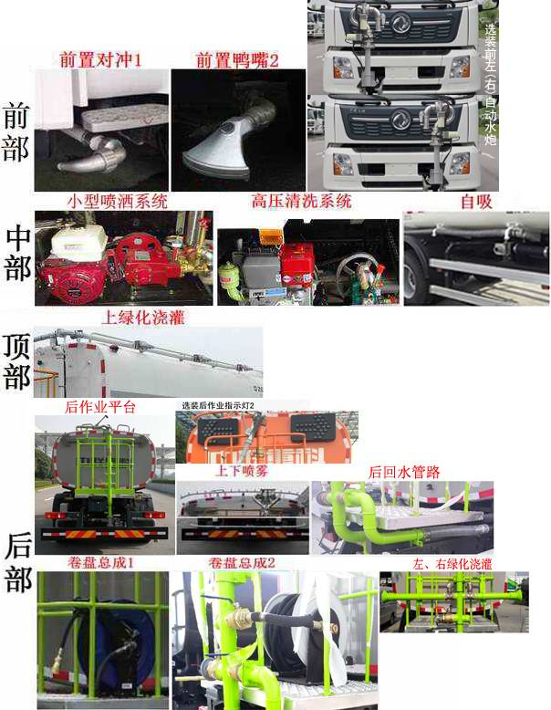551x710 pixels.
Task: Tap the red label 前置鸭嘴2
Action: click(x=236, y=60)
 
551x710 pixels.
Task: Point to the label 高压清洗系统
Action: click(x=301, y=201)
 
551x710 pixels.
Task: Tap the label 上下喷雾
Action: click(x=240, y=471)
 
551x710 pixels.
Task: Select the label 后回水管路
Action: click(x=404, y=471)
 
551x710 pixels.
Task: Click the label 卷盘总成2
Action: click(x=241, y=562)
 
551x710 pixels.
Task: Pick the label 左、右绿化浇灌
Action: click(x=452, y=564)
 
